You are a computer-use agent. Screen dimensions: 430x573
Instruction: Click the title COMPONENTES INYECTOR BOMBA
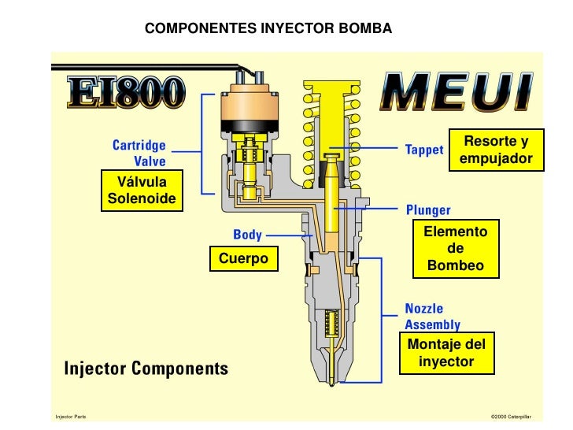(268, 29)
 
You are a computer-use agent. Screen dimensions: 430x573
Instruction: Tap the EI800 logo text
(127, 94)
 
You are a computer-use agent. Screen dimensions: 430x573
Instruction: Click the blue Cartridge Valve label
(140, 154)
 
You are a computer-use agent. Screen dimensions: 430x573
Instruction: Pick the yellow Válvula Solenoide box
(142, 191)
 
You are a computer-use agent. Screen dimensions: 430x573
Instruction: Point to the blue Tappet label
(423, 149)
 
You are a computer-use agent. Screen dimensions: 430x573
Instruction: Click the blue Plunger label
(428, 210)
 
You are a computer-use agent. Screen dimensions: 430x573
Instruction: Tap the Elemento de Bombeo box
(456, 249)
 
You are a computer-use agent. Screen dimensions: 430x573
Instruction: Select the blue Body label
(247, 235)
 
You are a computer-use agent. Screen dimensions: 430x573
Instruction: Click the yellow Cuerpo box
(243, 258)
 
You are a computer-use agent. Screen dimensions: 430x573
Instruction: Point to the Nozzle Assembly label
(433, 317)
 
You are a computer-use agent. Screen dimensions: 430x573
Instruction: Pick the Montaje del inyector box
(446, 353)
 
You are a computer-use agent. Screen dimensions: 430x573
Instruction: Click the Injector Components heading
(146, 368)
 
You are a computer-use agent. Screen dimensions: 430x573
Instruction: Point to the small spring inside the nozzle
(331, 323)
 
